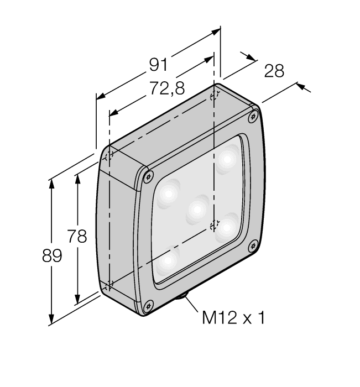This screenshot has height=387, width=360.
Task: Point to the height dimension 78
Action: click(77, 237)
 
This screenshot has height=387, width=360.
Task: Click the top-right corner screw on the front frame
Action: click(253, 116)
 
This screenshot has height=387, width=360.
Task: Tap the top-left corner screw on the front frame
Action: click(147, 176)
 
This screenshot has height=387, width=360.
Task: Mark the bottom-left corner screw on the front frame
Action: click(148, 305)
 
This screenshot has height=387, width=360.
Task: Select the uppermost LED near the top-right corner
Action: click(227, 159)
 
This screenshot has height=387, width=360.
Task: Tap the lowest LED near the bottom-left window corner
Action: click(168, 260)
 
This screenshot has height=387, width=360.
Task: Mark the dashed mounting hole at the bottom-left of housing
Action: click(109, 285)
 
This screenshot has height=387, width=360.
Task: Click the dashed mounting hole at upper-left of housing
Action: click(109, 155)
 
